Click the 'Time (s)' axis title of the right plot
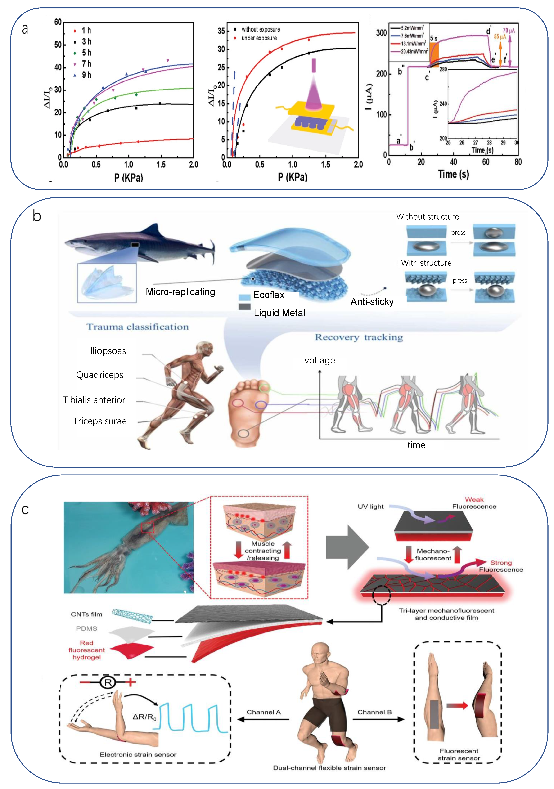pos(453,174)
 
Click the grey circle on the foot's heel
pos(243,433)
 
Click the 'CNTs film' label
pos(87,614)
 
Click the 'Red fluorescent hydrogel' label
pos(87,650)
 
